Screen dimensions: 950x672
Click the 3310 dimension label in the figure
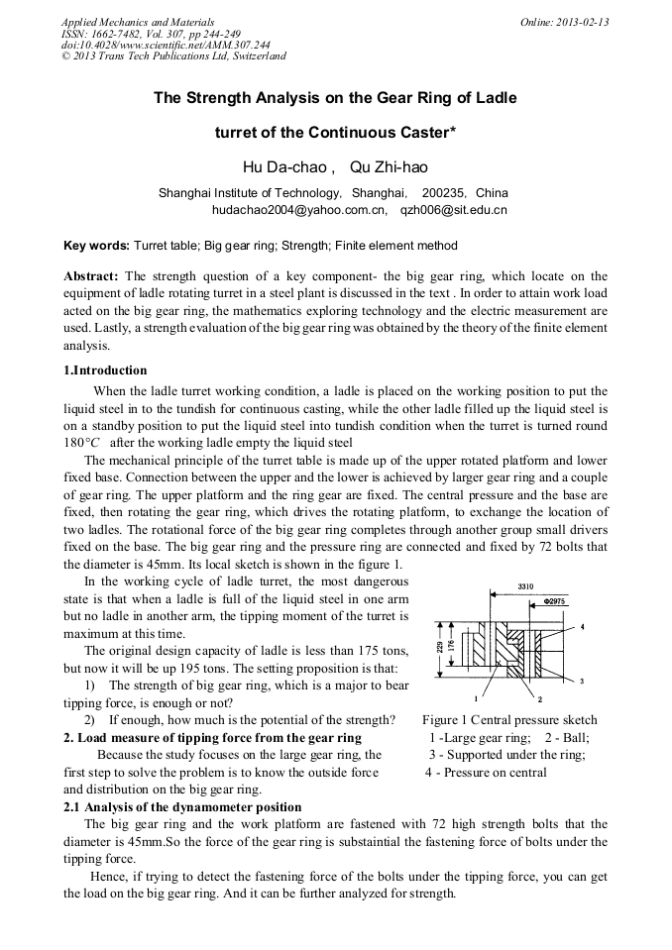(x=525, y=586)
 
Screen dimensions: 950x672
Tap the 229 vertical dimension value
(x=440, y=646)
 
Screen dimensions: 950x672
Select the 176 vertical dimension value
(x=451, y=647)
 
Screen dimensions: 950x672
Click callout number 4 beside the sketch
(x=583, y=627)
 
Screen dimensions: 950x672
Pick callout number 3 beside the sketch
(x=582, y=682)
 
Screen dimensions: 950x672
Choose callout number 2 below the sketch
(x=525, y=699)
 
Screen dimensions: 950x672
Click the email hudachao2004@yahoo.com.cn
(x=298, y=210)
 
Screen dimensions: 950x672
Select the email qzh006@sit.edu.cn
(x=453, y=210)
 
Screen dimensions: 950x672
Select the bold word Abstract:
(x=91, y=275)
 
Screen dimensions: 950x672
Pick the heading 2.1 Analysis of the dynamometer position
(x=182, y=808)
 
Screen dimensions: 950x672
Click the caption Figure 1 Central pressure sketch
(x=509, y=719)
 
